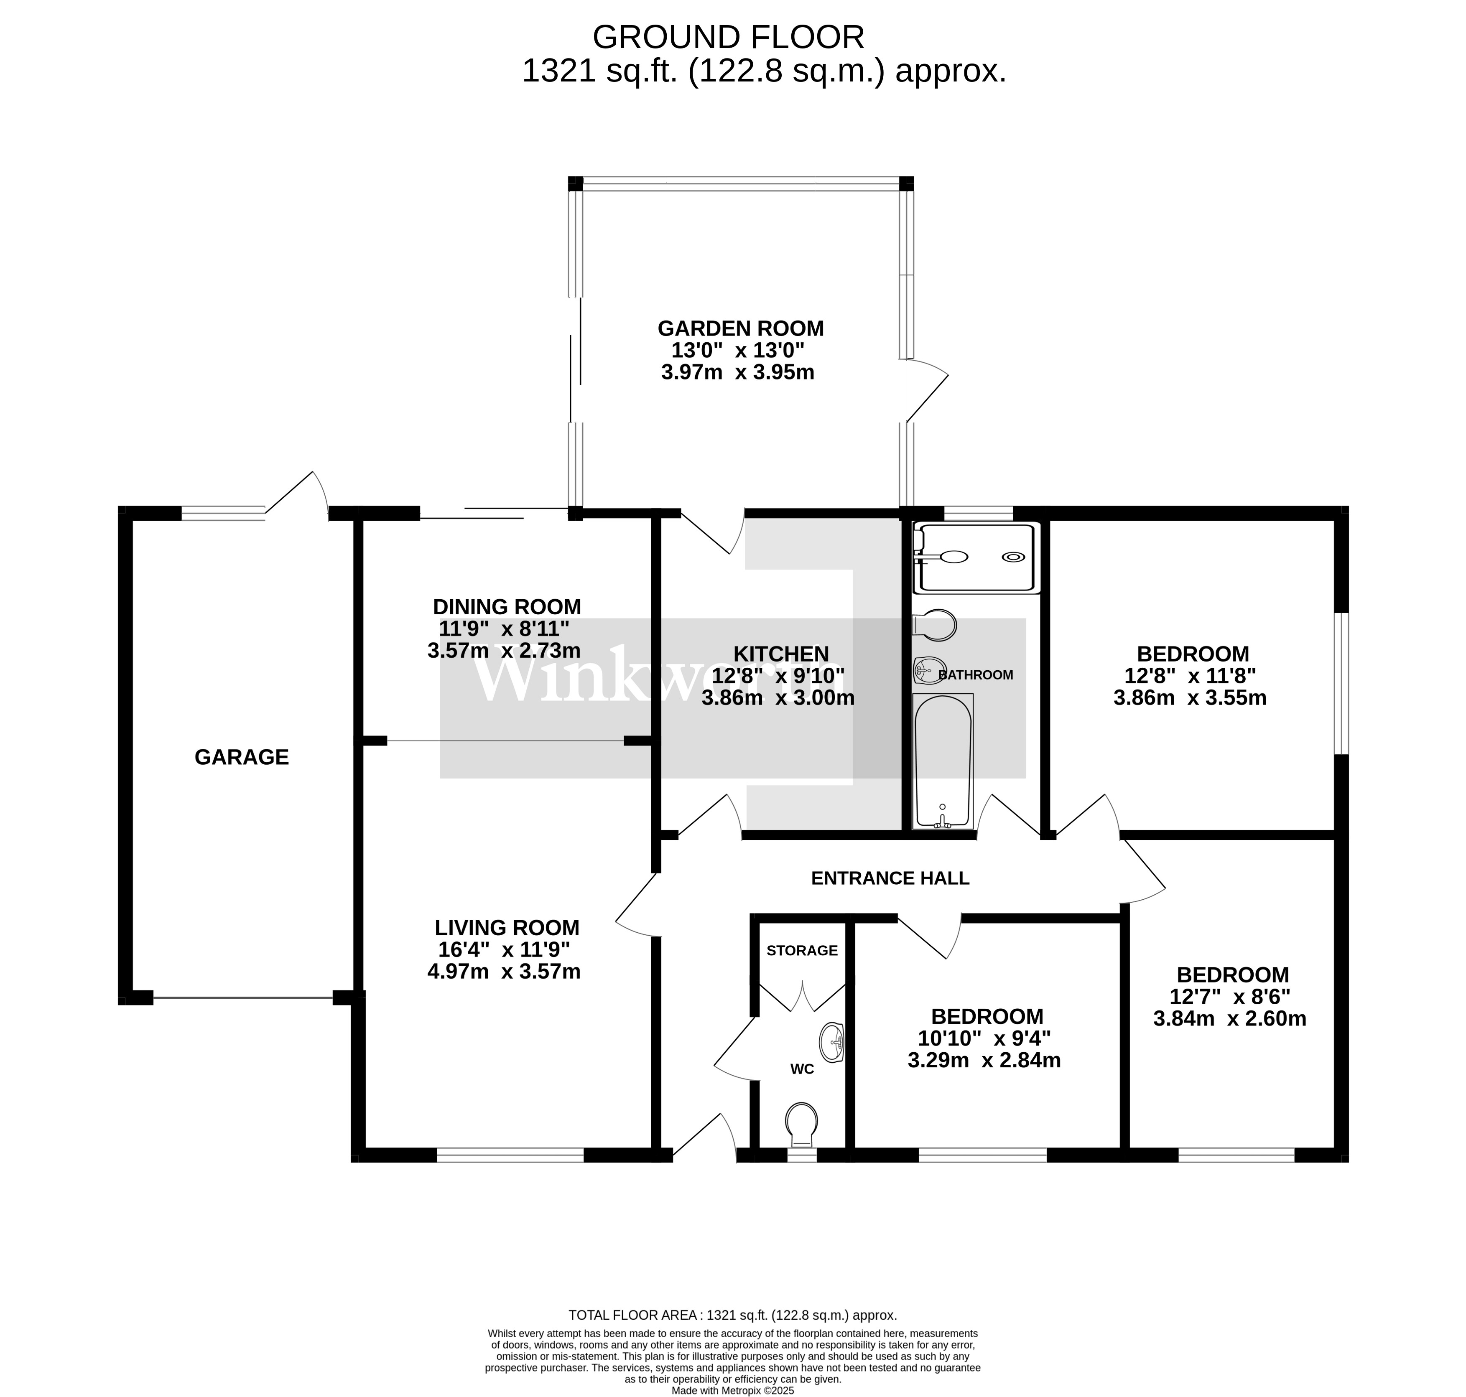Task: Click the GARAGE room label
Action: point(241,757)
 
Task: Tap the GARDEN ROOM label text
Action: point(740,328)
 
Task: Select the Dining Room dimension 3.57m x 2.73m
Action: point(504,651)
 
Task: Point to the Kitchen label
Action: point(781,654)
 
